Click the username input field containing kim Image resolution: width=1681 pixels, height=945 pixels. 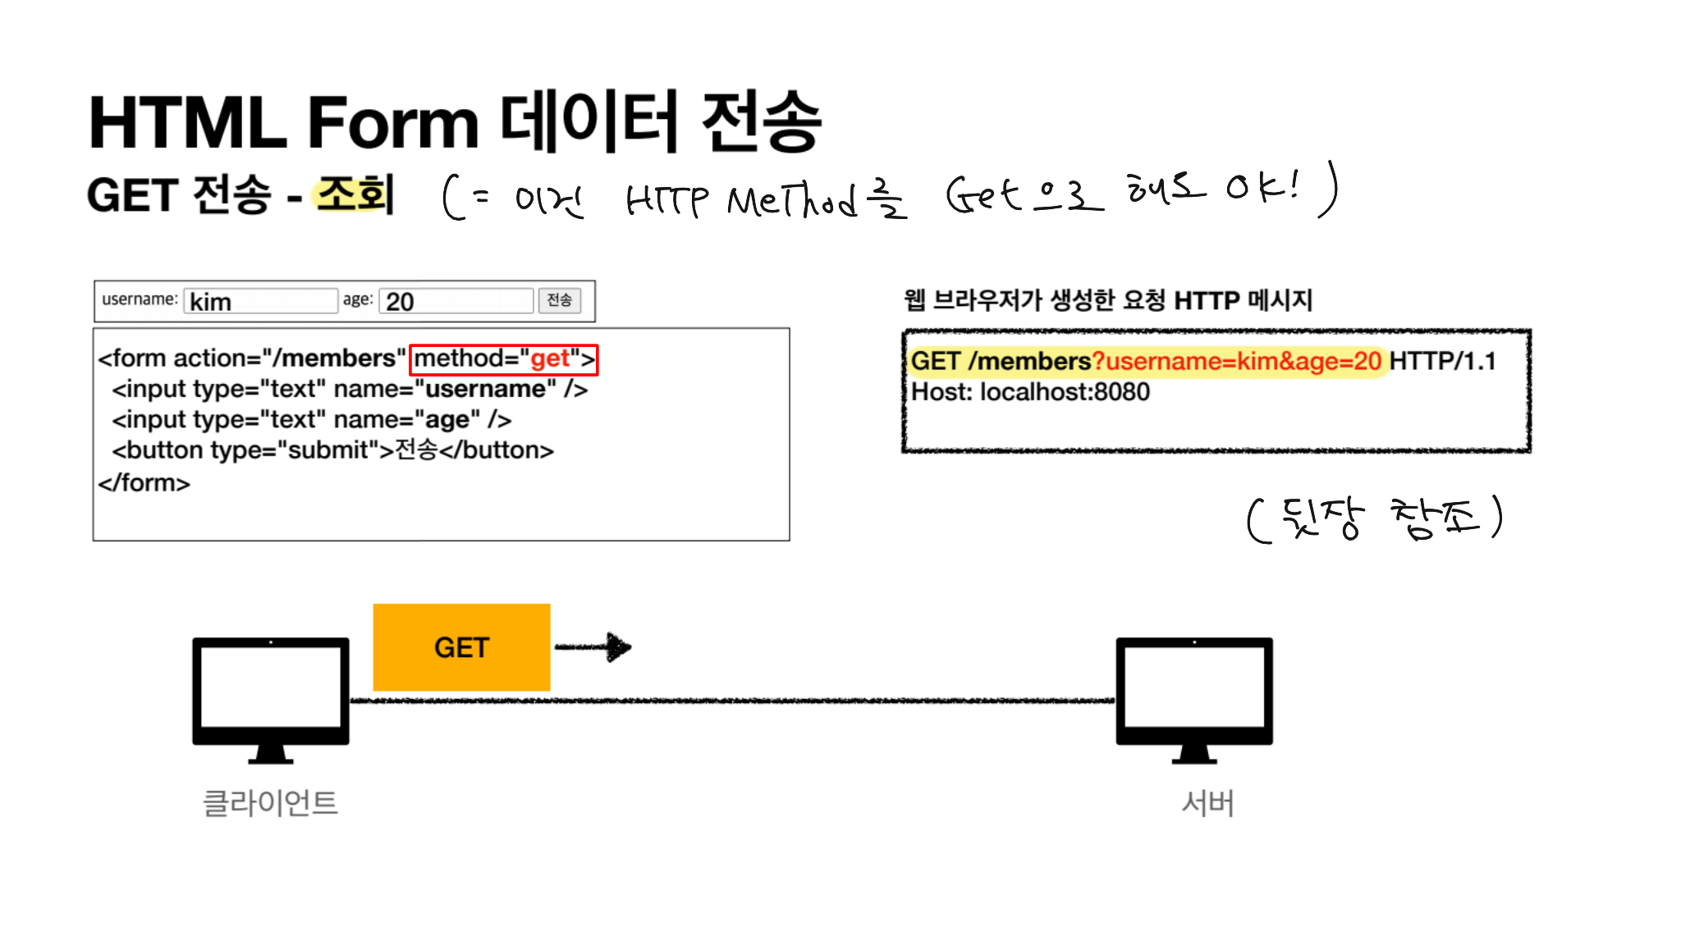[x=261, y=301]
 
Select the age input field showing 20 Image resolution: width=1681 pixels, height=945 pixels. [x=456, y=301]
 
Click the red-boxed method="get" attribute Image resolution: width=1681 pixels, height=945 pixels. [x=503, y=359]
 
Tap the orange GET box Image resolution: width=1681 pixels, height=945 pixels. [x=461, y=647]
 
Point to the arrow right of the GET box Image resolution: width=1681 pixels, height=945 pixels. [x=593, y=647]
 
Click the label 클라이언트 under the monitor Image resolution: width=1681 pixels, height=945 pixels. [x=270, y=803]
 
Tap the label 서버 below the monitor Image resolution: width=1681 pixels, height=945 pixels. [x=1207, y=803]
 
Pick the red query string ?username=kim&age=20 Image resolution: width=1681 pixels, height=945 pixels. [x=1236, y=361]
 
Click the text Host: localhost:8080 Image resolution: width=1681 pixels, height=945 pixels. [x=1030, y=392]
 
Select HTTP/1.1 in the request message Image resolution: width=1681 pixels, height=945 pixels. [x=1442, y=361]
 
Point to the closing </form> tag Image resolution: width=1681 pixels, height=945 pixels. [x=144, y=483]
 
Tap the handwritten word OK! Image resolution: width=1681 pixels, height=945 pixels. [x=1263, y=187]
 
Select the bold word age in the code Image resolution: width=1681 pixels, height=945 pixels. [x=447, y=420]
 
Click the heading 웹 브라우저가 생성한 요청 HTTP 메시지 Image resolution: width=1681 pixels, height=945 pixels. [x=1107, y=300]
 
